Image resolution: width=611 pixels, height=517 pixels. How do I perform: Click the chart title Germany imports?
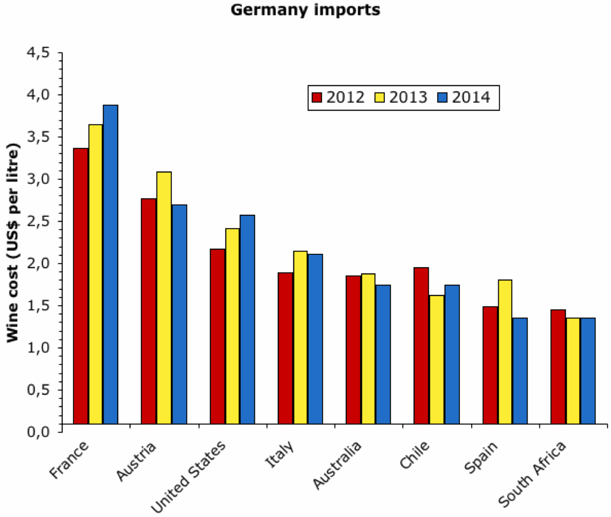305,10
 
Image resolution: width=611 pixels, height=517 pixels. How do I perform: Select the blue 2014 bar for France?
110,264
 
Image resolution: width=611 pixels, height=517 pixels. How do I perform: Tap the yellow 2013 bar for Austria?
164,298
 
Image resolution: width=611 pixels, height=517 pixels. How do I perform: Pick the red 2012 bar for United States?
217,336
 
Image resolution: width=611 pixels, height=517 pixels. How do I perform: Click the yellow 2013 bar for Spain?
505,352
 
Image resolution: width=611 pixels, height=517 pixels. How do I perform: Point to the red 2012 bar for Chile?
421,346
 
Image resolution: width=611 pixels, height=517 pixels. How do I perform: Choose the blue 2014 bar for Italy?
315,339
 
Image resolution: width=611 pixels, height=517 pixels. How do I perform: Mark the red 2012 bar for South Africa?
558,366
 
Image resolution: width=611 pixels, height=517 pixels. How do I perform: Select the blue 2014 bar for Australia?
383,354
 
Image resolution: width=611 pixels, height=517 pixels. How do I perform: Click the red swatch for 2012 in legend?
317,97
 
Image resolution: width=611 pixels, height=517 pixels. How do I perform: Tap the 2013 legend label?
408,97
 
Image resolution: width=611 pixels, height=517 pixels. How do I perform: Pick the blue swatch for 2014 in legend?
443,97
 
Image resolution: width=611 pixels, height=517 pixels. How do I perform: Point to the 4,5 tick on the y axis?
38,52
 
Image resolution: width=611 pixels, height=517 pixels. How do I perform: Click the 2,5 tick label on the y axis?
38,221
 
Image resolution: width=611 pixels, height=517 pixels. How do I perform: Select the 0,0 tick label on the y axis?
38,432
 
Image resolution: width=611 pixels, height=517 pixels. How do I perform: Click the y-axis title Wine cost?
12,242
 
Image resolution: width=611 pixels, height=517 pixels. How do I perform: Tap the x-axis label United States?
188,476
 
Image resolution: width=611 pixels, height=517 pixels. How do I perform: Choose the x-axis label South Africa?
532,475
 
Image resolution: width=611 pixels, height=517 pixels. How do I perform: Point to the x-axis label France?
69,459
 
